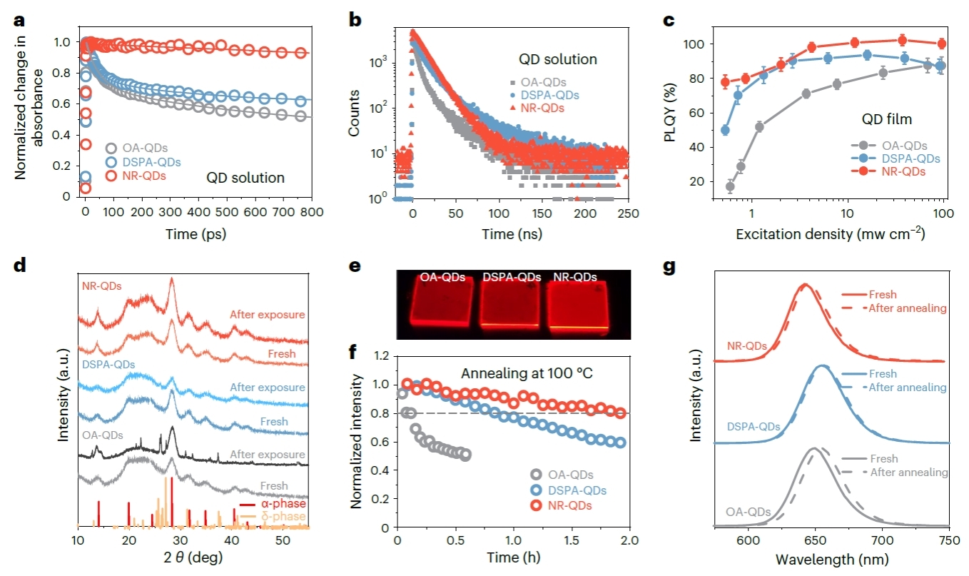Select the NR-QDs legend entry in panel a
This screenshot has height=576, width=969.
tap(142, 176)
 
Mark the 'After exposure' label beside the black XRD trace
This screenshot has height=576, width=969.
tap(268, 455)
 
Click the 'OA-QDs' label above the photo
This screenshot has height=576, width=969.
tap(444, 276)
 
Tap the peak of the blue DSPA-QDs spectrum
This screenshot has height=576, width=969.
tap(822, 367)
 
